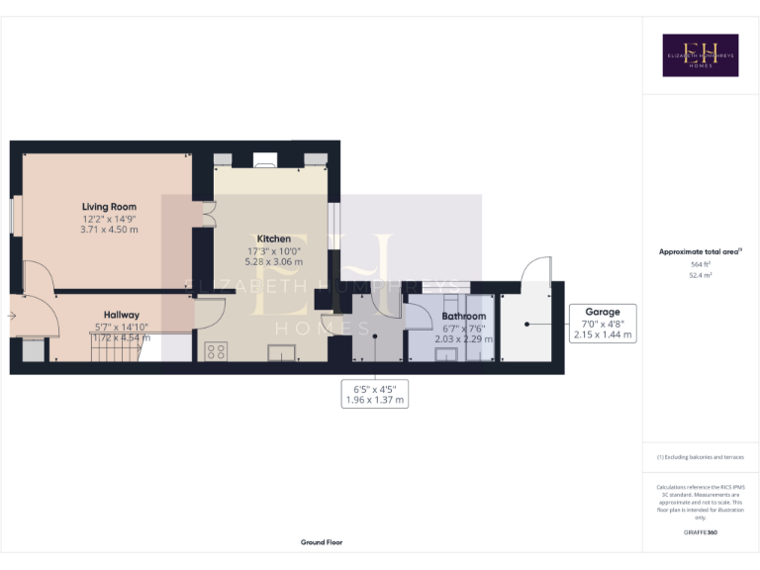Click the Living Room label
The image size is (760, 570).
coord(110,207)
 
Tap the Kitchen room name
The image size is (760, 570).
coord(273,239)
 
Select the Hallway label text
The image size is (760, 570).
coord(123,315)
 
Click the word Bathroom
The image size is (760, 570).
coord(463,317)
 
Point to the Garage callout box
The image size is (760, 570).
coord(602,324)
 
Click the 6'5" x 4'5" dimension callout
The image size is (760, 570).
coord(373,394)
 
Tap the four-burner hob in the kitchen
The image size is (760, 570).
coord(216,351)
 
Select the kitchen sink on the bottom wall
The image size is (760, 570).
coord(282,350)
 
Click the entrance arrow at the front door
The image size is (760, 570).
coord(11,317)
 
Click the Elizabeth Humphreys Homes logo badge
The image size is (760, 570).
coord(700,55)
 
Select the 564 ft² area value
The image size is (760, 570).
coord(700,264)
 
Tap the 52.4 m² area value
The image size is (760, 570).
coord(700,276)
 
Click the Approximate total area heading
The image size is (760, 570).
coord(700,252)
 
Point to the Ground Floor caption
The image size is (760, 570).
coord(322,542)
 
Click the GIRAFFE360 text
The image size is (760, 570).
coord(700,532)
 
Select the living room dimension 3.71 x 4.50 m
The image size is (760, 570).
coord(110,230)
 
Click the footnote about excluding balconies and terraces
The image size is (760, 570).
coord(700,457)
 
